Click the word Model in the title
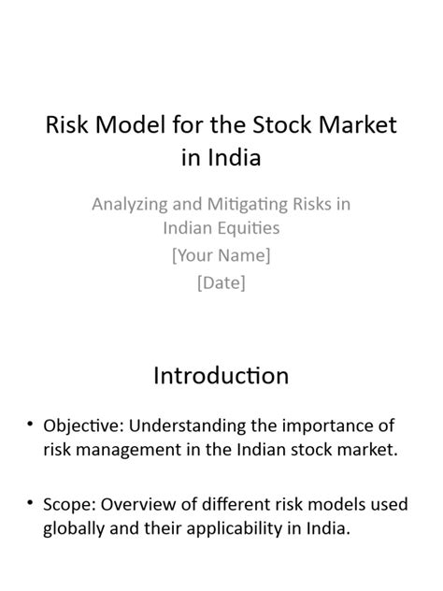pyautogui.click(x=130, y=124)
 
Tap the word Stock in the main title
pyautogui.click(x=281, y=124)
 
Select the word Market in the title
pyautogui.click(x=358, y=124)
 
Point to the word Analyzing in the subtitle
pyautogui.click(x=130, y=205)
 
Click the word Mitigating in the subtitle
pyautogui.click(x=248, y=205)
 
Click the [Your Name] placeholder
pyautogui.click(x=221, y=255)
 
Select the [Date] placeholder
pyautogui.click(x=221, y=282)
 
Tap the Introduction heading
pyautogui.click(x=221, y=376)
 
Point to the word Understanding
pyautogui.click(x=187, y=426)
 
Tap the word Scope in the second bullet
pyautogui.click(x=69, y=505)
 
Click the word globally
pyautogui.click(x=74, y=528)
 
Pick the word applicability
pyautogui.click(x=235, y=528)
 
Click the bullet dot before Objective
pyautogui.click(x=30, y=424)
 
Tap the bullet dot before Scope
pyautogui.click(x=30, y=502)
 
